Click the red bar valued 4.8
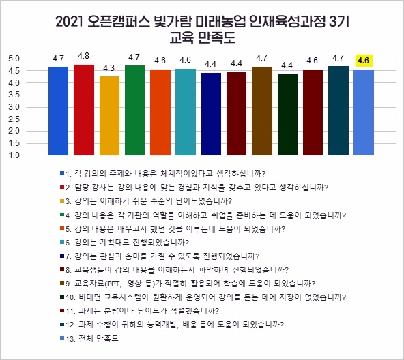tap(84, 110)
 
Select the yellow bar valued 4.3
tap(110, 116)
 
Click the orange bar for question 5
tap(160, 112)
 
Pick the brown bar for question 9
tap(262, 111)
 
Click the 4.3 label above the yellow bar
tap(110, 68)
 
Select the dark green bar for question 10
tap(287, 115)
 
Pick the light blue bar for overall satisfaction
tap(364, 112)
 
